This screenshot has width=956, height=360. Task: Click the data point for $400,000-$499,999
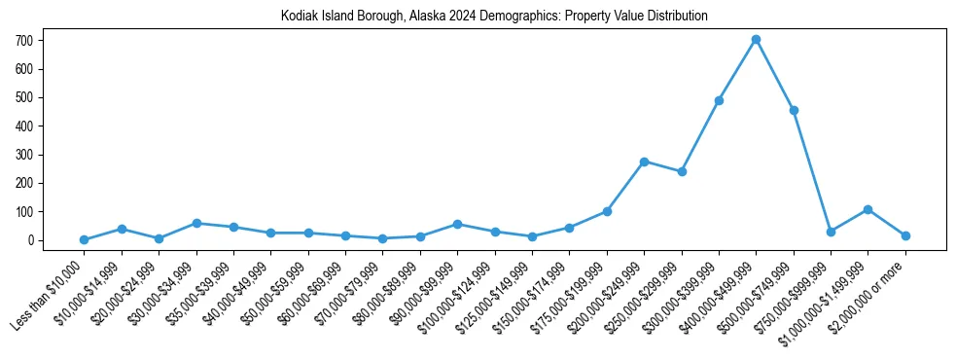point(756,40)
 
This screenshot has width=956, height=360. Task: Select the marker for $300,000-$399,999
point(719,100)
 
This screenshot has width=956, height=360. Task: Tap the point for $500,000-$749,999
point(794,110)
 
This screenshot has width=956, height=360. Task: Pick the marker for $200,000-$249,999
point(644,162)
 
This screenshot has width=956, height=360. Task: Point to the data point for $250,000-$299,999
point(682,171)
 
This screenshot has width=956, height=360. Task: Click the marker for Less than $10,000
point(85,239)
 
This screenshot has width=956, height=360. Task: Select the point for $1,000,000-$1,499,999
point(867,209)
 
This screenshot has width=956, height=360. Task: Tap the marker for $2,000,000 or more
point(905,235)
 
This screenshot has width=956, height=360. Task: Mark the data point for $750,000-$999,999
point(831,232)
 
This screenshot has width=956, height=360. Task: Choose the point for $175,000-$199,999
point(607,211)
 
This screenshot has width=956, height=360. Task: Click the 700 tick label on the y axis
point(25,41)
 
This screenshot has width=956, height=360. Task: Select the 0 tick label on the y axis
point(31,240)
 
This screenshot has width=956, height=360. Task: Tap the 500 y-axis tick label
point(25,97)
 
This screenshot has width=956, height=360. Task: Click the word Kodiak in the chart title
point(297,17)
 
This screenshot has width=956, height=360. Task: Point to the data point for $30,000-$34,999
point(196,223)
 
